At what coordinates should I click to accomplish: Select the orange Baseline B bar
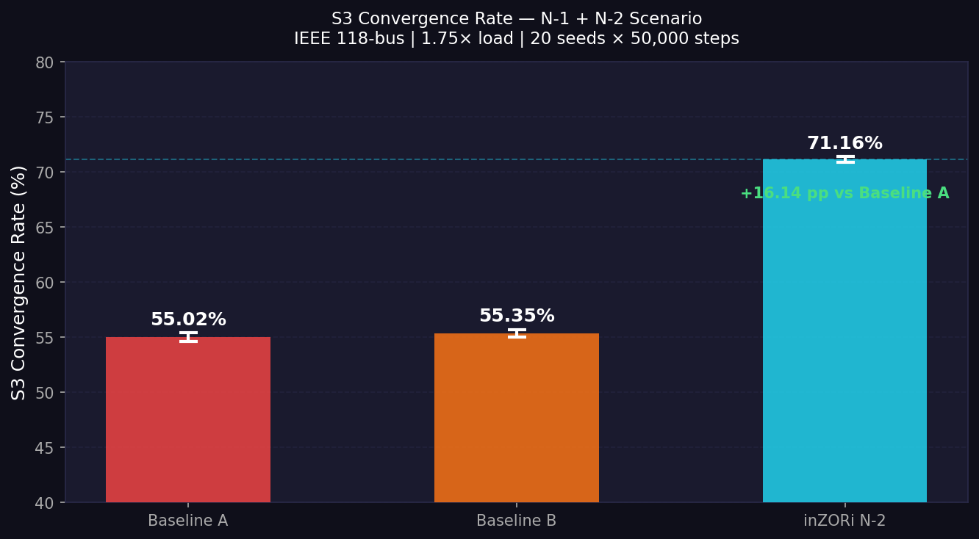(516, 418)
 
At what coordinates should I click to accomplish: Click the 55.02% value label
(188, 320)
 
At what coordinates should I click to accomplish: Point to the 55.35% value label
(517, 316)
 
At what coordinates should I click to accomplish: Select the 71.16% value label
(844, 144)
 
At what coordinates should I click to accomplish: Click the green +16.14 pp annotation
(844, 194)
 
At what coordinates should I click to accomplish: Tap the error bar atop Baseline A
(188, 337)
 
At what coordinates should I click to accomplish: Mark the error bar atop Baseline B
(517, 333)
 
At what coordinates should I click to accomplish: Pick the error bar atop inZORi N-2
(845, 159)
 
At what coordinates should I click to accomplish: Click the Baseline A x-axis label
(188, 521)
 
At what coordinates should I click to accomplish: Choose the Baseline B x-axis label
(516, 521)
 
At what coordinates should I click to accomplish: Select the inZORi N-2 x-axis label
(844, 521)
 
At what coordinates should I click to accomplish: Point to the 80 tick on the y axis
(45, 62)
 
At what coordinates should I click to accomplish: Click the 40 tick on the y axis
(45, 503)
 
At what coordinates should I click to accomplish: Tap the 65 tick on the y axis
(45, 228)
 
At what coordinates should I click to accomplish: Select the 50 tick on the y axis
(45, 393)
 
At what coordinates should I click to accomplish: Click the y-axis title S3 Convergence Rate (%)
(19, 283)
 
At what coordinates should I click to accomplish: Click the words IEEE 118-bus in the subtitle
(348, 39)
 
